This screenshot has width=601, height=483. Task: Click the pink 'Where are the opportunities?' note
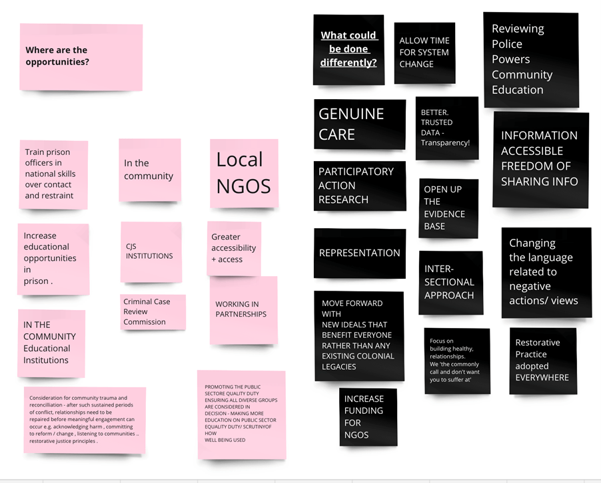coord(81,57)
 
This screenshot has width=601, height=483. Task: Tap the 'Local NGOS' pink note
coord(244,174)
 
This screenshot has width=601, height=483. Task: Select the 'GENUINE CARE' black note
coord(360,124)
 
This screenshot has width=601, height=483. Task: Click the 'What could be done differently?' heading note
coord(348,50)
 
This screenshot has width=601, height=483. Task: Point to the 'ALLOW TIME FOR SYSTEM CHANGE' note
coord(424,53)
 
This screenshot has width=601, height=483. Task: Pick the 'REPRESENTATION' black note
coord(360,253)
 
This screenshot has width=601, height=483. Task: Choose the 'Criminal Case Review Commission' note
coord(153,312)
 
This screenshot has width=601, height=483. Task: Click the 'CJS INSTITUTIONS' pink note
coord(151,252)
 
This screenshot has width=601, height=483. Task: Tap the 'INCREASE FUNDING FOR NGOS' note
coord(368,416)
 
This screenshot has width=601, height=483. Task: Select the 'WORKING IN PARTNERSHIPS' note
coord(243,310)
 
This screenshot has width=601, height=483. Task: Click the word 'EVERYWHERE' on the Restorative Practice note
coord(542,378)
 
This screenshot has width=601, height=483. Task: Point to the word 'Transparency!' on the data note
coord(445,143)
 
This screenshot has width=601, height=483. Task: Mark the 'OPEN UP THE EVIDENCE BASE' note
coord(448,208)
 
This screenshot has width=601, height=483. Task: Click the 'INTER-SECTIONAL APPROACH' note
coord(450,283)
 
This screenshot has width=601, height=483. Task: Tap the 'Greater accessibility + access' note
coord(234,248)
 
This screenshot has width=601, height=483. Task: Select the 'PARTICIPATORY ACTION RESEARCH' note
coord(360,186)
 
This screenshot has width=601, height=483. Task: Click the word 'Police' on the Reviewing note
coord(506,44)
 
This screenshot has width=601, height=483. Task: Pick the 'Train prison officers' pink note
coord(54,174)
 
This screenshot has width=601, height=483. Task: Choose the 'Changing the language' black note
coord(546,273)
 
